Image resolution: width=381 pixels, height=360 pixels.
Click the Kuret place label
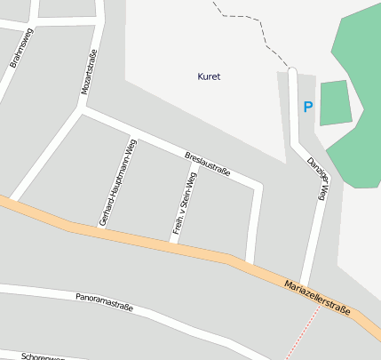tap(208, 76)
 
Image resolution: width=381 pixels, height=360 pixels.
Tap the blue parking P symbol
tap(308, 107)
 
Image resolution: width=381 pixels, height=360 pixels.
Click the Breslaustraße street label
tap(208, 164)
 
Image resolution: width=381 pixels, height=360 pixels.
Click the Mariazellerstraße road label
tap(317, 299)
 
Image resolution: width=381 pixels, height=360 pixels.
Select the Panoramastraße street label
tap(104, 301)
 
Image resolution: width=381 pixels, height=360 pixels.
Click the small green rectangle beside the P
tap(335, 102)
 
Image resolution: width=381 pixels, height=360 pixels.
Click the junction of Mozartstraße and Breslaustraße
tap(83, 110)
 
